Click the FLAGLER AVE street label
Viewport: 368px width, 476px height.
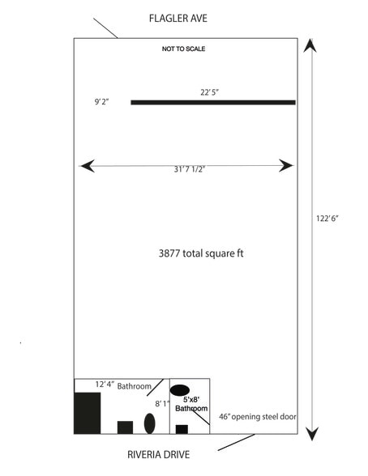[x=178, y=19]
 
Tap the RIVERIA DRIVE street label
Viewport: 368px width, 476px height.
[x=158, y=454]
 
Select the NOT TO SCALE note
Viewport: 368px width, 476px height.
[x=183, y=49]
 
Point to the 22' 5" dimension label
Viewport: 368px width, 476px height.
[x=209, y=92]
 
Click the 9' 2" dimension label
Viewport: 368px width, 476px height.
[x=101, y=102]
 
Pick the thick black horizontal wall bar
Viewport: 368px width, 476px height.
[x=213, y=103]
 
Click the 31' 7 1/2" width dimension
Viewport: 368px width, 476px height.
[x=190, y=169]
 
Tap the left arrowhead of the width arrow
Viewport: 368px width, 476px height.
[x=87, y=166]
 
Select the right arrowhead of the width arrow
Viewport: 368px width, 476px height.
[x=286, y=166]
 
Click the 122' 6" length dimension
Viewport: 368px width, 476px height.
[x=327, y=219]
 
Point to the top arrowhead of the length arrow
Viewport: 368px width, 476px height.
[x=310, y=45]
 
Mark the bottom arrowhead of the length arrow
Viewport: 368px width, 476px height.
[x=311, y=433]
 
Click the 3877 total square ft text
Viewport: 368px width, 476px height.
[x=201, y=253]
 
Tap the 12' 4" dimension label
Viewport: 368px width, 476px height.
[x=105, y=385]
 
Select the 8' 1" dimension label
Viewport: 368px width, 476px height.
[x=162, y=404]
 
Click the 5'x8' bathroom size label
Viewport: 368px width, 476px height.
[x=191, y=400]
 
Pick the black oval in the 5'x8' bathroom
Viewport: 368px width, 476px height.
[x=180, y=390]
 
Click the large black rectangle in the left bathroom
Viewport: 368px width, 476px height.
[x=88, y=413]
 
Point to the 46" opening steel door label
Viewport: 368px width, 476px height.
[x=258, y=417]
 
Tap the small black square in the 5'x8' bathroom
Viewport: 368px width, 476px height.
[x=182, y=429]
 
